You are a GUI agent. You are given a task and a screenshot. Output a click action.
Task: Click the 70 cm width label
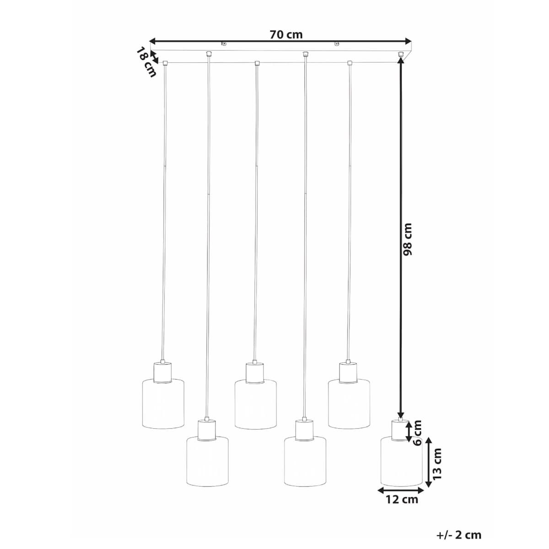click(x=286, y=34)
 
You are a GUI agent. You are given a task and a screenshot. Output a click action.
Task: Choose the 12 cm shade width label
click(x=401, y=499)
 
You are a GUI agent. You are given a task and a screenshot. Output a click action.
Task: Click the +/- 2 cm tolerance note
click(x=459, y=535)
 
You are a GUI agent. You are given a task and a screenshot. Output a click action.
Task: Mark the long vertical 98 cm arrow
click(x=401, y=238)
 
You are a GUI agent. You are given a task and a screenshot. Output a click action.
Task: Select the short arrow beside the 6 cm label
click(x=409, y=431)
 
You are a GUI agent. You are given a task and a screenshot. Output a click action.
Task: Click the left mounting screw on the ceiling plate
click(x=224, y=44)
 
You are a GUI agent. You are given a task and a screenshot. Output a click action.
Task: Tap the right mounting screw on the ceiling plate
click(x=337, y=44)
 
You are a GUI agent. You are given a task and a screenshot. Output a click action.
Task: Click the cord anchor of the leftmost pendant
click(x=165, y=63)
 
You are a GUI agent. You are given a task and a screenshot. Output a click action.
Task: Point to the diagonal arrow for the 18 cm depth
click(x=155, y=58)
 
